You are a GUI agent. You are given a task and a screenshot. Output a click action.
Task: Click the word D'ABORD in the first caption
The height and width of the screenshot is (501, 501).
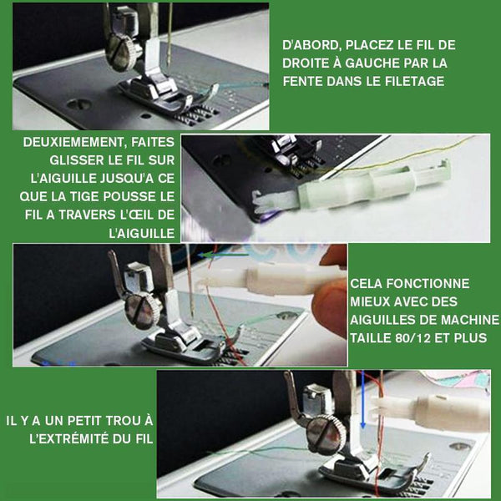click(310, 45)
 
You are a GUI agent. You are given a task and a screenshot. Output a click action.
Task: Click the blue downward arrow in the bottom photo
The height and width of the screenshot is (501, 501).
click(362, 400)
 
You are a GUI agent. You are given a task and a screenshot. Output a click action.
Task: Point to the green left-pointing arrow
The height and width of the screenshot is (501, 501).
click(223, 255)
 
